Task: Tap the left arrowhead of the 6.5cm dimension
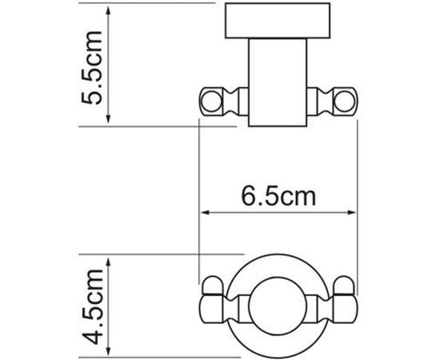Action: pyautogui.click(x=203, y=213)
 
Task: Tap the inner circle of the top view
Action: pyautogui.click(x=276, y=307)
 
